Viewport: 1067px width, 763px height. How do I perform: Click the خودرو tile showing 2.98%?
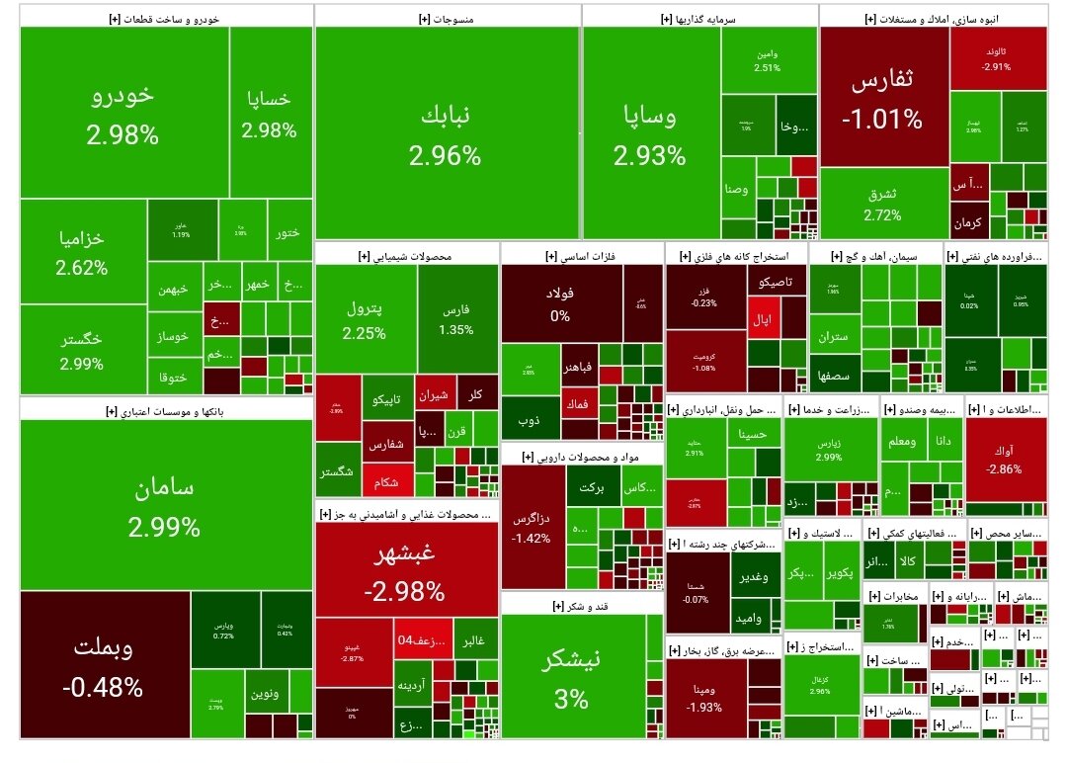tap(123, 114)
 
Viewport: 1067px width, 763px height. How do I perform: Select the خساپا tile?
tap(269, 114)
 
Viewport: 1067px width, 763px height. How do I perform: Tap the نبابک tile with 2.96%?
tap(447, 133)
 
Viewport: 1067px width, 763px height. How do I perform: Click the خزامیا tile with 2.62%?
tap(82, 252)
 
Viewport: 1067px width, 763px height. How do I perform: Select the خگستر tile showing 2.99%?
tap(82, 349)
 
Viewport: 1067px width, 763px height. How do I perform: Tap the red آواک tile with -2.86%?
tap(1006, 460)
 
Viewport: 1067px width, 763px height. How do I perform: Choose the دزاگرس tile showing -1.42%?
tap(532, 527)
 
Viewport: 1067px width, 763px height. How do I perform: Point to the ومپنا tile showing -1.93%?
tap(705, 697)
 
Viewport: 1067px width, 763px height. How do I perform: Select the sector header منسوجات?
tap(447, 17)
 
